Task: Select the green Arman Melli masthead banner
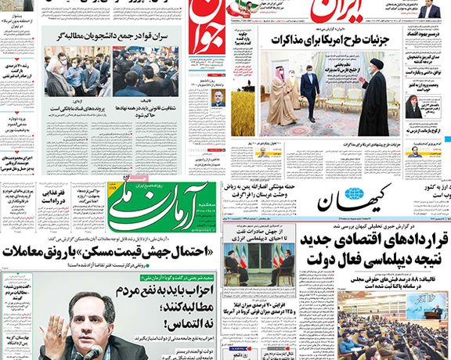161,211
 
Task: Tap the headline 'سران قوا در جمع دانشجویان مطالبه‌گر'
124,36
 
